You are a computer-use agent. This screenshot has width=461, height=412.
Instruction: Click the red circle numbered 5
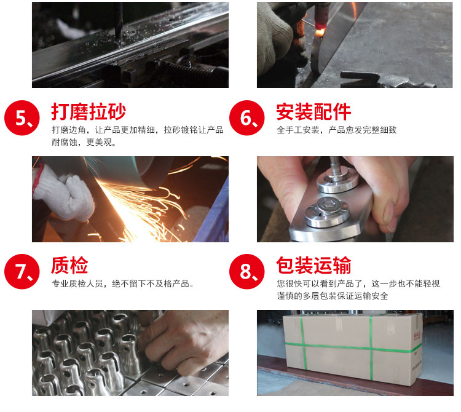pyautogui.click(x=23, y=118)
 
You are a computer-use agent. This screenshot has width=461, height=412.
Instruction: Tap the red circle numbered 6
pyautogui.click(x=248, y=118)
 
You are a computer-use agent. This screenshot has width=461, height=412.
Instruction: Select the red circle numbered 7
pyautogui.click(x=23, y=272)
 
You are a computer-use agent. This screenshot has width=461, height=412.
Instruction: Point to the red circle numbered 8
pyautogui.click(x=248, y=272)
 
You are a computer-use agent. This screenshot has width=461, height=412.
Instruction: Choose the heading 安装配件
pyautogui.click(x=313, y=112)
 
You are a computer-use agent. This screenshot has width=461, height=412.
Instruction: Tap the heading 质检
pyautogui.click(x=69, y=266)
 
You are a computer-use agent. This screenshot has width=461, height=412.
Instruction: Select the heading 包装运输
pyautogui.click(x=313, y=266)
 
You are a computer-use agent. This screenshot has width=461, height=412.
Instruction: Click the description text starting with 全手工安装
pyautogui.click(x=336, y=130)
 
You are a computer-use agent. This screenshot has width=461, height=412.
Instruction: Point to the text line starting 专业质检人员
pyautogui.click(x=124, y=284)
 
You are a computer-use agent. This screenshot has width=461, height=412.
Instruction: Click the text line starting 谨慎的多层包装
pyautogui.click(x=332, y=296)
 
